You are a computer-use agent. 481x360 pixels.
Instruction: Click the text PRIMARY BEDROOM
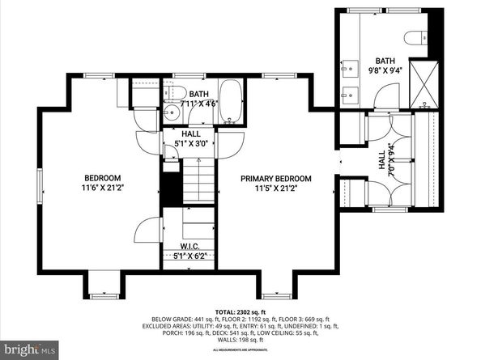tap(275, 178)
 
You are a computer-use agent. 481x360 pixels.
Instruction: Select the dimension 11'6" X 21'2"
tap(103, 188)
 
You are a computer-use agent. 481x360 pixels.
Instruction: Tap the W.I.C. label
tap(189, 246)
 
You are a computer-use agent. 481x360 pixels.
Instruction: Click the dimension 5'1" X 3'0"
tap(191, 144)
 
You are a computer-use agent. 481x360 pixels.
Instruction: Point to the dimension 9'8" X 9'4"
tap(384, 70)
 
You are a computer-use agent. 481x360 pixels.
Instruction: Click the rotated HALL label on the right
tap(382, 162)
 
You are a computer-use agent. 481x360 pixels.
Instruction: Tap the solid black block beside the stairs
tap(172, 191)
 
